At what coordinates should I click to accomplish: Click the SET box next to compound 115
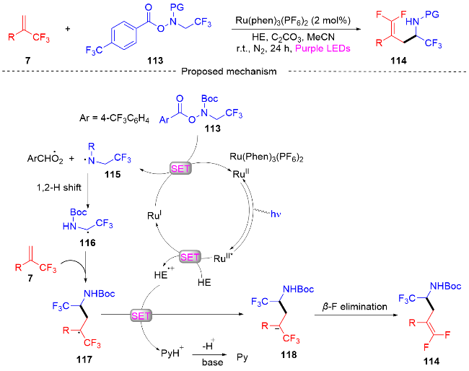(180, 168)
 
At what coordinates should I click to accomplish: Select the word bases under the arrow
(214, 361)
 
